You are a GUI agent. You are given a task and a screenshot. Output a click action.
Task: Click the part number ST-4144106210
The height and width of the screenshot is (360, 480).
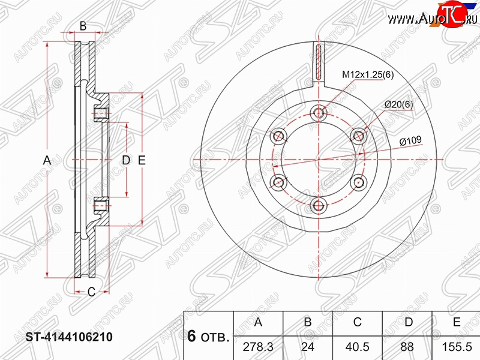[x=69, y=337]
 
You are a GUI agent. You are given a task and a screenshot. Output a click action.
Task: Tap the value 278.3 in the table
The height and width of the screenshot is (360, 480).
[x=258, y=347]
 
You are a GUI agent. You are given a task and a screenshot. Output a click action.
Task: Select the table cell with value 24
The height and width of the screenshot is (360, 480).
[x=308, y=347]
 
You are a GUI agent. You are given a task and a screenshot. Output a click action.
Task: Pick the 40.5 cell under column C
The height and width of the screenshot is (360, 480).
[x=357, y=347]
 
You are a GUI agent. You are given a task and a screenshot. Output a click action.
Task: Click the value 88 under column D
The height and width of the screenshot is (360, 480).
[x=407, y=347]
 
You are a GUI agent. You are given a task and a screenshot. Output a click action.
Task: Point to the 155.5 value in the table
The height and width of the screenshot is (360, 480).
[x=457, y=347]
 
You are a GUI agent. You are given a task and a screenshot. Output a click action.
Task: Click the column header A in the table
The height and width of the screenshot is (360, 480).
[x=258, y=322]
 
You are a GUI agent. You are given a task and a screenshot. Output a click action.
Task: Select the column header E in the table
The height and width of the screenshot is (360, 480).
[x=457, y=322]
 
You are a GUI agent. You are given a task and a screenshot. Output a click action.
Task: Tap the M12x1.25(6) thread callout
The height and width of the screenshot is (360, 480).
[x=368, y=74]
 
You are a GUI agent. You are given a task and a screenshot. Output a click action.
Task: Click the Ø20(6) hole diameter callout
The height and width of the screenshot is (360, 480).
[x=398, y=104]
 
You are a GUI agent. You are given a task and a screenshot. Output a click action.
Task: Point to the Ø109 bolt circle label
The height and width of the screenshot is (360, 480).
[x=410, y=141]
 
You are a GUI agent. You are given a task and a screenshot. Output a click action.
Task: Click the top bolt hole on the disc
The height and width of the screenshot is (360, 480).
[x=319, y=113]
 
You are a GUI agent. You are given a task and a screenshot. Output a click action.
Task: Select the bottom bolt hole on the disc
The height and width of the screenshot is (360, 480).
[x=319, y=206]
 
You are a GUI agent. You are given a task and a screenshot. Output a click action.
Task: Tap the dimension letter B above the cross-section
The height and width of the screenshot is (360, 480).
[x=83, y=26]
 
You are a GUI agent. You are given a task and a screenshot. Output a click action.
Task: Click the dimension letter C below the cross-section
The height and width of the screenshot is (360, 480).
[x=92, y=292]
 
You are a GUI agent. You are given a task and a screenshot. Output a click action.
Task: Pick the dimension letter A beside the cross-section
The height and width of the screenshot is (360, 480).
[x=47, y=160]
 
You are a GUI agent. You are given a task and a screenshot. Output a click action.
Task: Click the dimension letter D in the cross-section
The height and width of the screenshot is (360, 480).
[x=126, y=160]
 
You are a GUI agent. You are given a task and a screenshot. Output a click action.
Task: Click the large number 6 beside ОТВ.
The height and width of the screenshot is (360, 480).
[x=191, y=336]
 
